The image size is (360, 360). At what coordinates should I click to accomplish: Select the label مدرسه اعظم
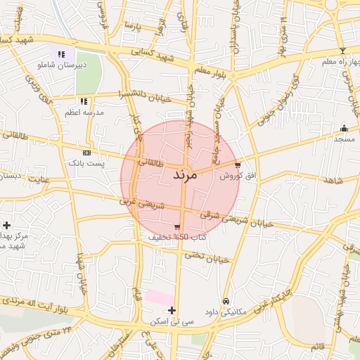[84, 112]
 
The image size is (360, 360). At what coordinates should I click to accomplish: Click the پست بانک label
[86, 162]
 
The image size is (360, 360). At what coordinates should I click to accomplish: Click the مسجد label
[345, 140]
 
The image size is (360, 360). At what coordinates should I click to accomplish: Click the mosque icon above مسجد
[344, 129]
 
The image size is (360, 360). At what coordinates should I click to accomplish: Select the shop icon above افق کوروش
[238, 165]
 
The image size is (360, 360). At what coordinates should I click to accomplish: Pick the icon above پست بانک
[86, 152]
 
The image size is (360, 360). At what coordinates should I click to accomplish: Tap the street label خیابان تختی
[207, 257]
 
